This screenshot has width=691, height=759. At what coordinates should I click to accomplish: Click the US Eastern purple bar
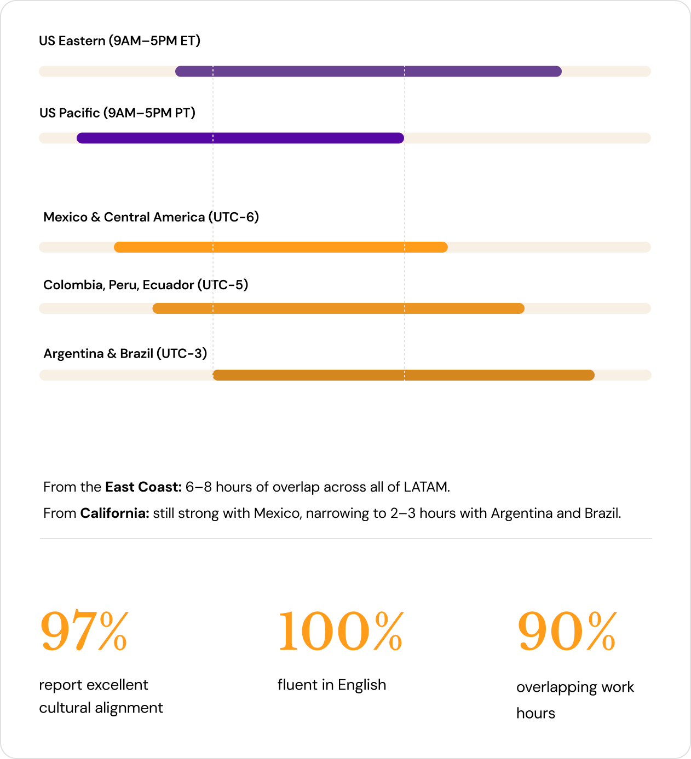[368, 71]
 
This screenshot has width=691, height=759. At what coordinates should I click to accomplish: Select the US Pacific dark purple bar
[240, 138]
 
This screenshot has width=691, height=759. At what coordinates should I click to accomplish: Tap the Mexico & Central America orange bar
[280, 247]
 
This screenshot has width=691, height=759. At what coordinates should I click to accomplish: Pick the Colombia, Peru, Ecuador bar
[338, 308]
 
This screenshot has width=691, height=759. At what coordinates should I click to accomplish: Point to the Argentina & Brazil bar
[404, 375]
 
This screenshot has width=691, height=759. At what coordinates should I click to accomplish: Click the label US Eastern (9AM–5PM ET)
[120, 41]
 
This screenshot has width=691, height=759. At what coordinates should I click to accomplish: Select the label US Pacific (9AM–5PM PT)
[118, 113]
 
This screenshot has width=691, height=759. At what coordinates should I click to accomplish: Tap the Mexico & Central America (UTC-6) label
[151, 217]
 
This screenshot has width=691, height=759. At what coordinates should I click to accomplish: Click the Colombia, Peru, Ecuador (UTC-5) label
[146, 284]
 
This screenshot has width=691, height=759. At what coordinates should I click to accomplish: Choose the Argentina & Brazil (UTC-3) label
[125, 353]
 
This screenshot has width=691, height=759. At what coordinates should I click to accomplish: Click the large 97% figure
[84, 630]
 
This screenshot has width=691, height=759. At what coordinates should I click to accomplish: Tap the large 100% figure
[341, 630]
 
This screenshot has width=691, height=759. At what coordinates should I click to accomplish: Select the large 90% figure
[567, 630]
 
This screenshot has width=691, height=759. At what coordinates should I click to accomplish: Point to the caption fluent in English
[332, 685]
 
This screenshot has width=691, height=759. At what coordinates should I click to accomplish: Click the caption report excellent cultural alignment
[101, 696]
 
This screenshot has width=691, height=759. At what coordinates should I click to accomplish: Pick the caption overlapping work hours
[575, 700]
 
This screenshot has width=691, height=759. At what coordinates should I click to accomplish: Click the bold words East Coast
[143, 487]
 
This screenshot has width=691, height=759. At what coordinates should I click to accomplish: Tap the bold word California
[115, 513]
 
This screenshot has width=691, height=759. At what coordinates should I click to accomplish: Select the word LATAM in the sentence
[427, 487]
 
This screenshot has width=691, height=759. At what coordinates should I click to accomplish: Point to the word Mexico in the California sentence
[278, 513]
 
